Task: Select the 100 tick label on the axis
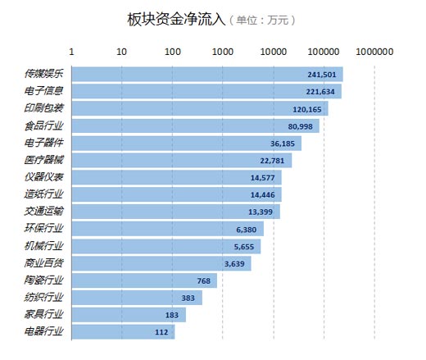(172, 52)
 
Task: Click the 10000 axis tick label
(273, 52)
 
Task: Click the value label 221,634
(322, 91)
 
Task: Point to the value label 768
(204, 280)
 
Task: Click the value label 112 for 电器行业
(162, 332)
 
